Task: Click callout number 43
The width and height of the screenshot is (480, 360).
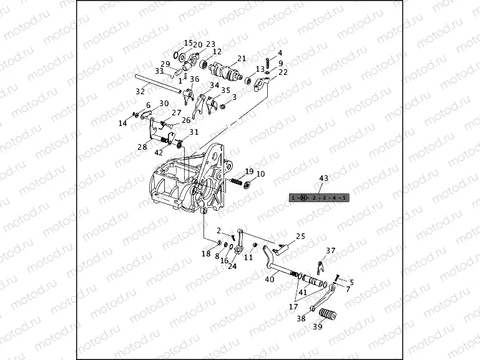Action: (x=323, y=178)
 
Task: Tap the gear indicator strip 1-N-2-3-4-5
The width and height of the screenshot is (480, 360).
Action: (x=319, y=198)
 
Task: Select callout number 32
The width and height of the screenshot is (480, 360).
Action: (x=140, y=91)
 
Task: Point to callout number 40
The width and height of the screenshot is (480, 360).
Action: (x=269, y=280)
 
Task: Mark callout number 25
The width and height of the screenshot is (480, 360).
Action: (x=300, y=236)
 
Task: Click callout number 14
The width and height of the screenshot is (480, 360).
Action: (x=123, y=124)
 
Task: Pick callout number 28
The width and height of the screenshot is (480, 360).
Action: (x=142, y=148)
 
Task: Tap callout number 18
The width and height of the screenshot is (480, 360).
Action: (x=206, y=253)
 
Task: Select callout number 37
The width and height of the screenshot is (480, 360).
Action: (x=331, y=250)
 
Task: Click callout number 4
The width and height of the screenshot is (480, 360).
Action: (x=280, y=53)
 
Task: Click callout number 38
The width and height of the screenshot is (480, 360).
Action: (x=301, y=318)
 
